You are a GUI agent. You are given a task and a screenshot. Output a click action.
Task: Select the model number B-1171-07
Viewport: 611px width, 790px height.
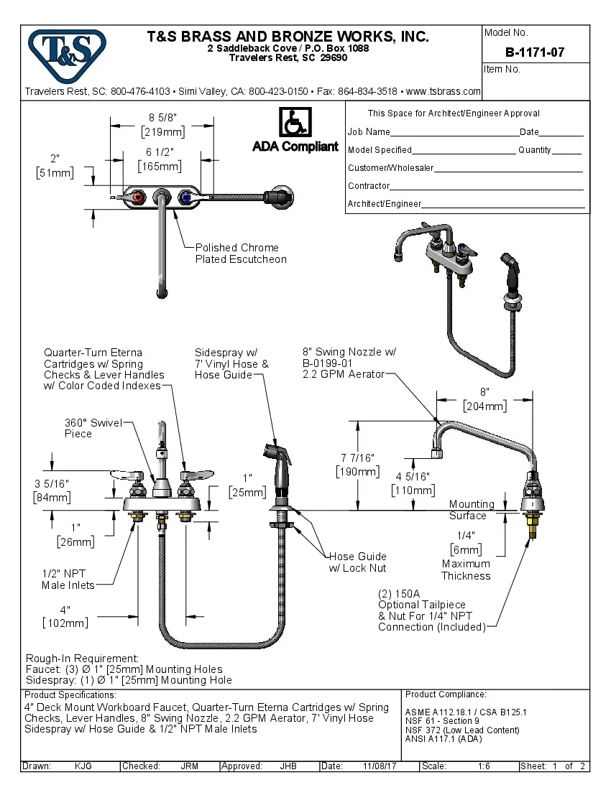pos(535,52)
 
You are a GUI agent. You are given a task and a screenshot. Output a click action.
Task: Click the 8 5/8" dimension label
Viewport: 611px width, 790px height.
pos(162,117)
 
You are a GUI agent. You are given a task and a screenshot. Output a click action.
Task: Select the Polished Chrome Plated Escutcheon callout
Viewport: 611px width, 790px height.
pos(240,254)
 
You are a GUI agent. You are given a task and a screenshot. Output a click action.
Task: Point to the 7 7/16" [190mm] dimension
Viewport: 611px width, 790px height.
pos(357,465)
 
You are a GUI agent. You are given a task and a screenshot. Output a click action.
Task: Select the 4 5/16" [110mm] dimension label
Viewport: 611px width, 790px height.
pos(413,483)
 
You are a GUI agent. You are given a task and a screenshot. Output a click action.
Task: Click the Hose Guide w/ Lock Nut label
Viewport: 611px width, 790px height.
pos(357,562)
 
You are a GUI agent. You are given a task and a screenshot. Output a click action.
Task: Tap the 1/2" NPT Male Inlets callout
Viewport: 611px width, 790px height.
pos(68,580)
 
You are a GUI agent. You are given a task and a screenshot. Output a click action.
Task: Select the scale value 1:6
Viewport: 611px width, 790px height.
pos(484,766)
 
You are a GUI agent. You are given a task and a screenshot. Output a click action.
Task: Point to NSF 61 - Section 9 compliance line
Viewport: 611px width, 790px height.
pos(442,721)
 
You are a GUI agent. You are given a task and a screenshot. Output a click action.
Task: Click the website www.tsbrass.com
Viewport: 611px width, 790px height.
pos(443,92)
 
